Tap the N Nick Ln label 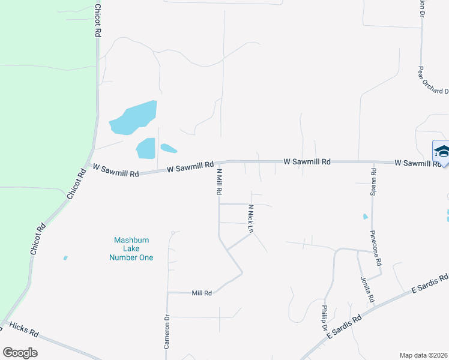click(251, 218)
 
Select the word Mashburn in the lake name click(131, 241)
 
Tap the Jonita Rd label click(367, 290)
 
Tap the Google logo click(20, 353)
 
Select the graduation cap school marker click(442, 151)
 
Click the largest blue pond click(134, 118)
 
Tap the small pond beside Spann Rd click(365, 217)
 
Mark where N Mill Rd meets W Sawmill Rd click(218, 162)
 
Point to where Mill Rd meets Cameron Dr click(167, 293)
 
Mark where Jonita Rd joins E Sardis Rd click(374, 306)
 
